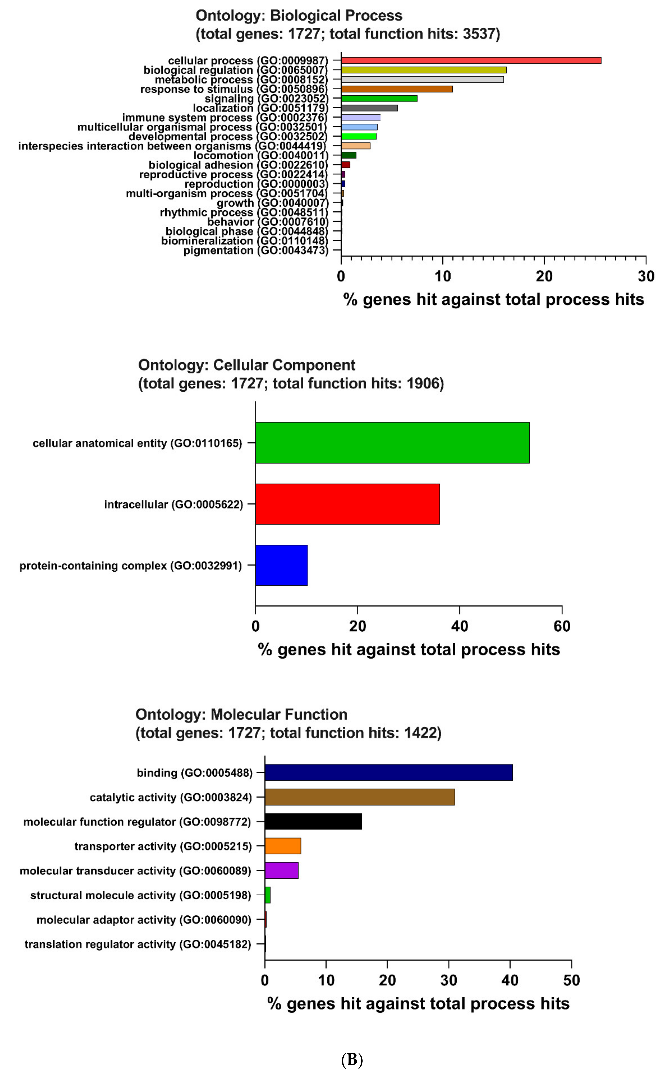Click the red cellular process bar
click(471, 60)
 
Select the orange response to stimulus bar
click(397, 89)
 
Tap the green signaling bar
click(379, 99)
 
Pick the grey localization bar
click(369, 108)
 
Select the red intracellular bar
click(347, 504)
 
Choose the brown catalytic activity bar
click(360, 797)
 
